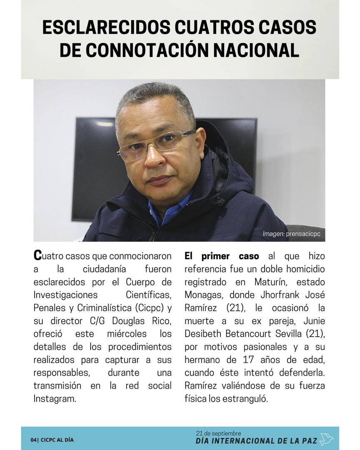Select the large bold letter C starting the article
tap(37, 255)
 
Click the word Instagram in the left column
tap(55, 398)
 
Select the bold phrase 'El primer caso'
tap(222, 256)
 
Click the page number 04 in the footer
tap(33, 440)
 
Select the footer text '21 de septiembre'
tap(218, 433)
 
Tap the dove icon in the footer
tap(327, 439)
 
